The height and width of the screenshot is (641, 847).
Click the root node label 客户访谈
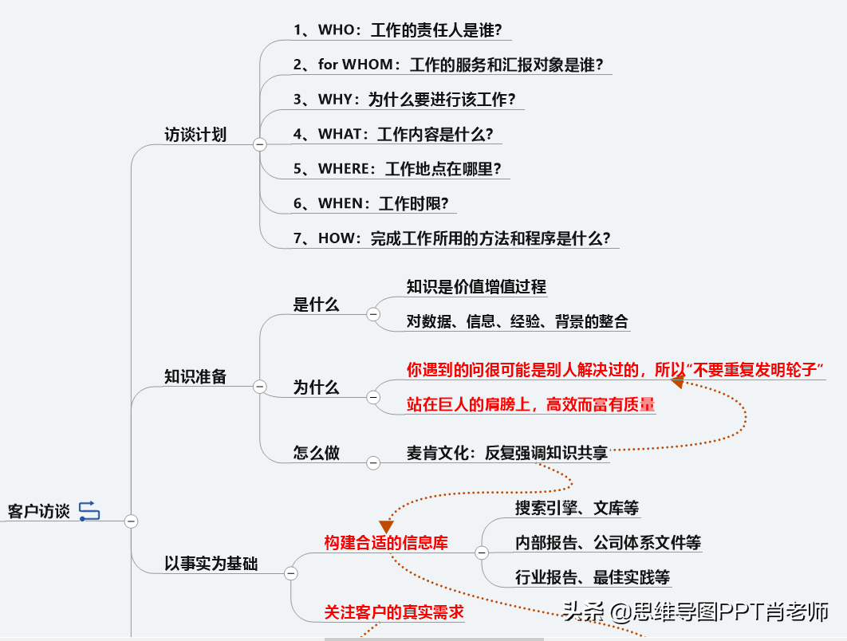coord(39,511)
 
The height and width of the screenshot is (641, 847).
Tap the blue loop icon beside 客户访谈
coord(89,511)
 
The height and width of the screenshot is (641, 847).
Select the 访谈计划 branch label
coord(195,135)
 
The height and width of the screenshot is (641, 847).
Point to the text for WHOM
coord(356,65)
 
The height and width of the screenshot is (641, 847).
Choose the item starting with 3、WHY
coord(404,100)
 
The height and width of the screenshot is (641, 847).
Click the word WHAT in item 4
coord(340,134)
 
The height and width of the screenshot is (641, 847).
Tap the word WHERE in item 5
coord(344,168)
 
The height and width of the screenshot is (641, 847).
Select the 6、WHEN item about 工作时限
coord(371,203)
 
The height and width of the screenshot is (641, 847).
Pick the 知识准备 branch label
coord(195,376)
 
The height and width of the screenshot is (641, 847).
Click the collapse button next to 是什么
coord(373,314)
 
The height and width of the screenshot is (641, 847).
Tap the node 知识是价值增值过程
coord(476,287)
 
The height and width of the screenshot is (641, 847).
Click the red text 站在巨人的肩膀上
coord(469,404)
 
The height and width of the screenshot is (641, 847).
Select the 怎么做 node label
coord(317,453)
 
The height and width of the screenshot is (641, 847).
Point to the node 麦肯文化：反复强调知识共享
coord(507,453)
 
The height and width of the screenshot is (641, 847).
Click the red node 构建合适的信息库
coord(386,543)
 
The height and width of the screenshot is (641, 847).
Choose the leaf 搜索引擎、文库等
coord(577,508)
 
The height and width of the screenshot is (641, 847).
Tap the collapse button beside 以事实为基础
coord(291,573)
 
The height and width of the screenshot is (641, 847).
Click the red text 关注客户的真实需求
coord(394,612)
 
